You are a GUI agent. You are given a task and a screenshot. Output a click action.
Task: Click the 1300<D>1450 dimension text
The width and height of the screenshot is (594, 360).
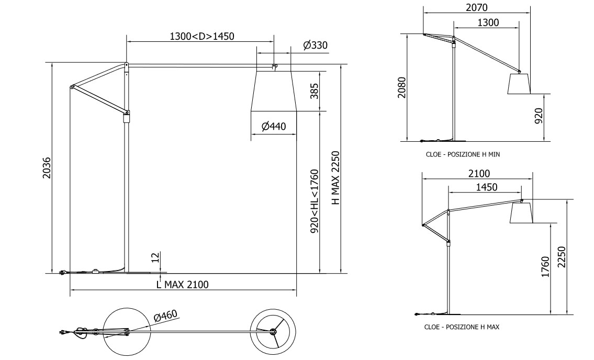[x=202, y=37]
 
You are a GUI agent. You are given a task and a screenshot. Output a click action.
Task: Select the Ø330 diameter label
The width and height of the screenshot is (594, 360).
[x=315, y=46]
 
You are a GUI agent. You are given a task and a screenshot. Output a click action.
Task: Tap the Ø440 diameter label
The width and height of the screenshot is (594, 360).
[x=274, y=126]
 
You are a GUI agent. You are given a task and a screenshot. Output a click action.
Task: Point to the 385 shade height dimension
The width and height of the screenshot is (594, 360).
[x=315, y=91]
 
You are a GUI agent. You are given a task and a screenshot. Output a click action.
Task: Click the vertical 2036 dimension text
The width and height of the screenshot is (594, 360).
[x=46, y=167]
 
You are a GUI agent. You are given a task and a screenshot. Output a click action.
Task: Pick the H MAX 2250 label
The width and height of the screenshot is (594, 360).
[x=336, y=178]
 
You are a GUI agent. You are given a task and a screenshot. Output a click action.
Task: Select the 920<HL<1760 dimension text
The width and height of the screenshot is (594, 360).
[x=315, y=201]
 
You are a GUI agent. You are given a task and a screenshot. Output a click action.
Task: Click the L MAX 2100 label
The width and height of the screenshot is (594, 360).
[x=183, y=285]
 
